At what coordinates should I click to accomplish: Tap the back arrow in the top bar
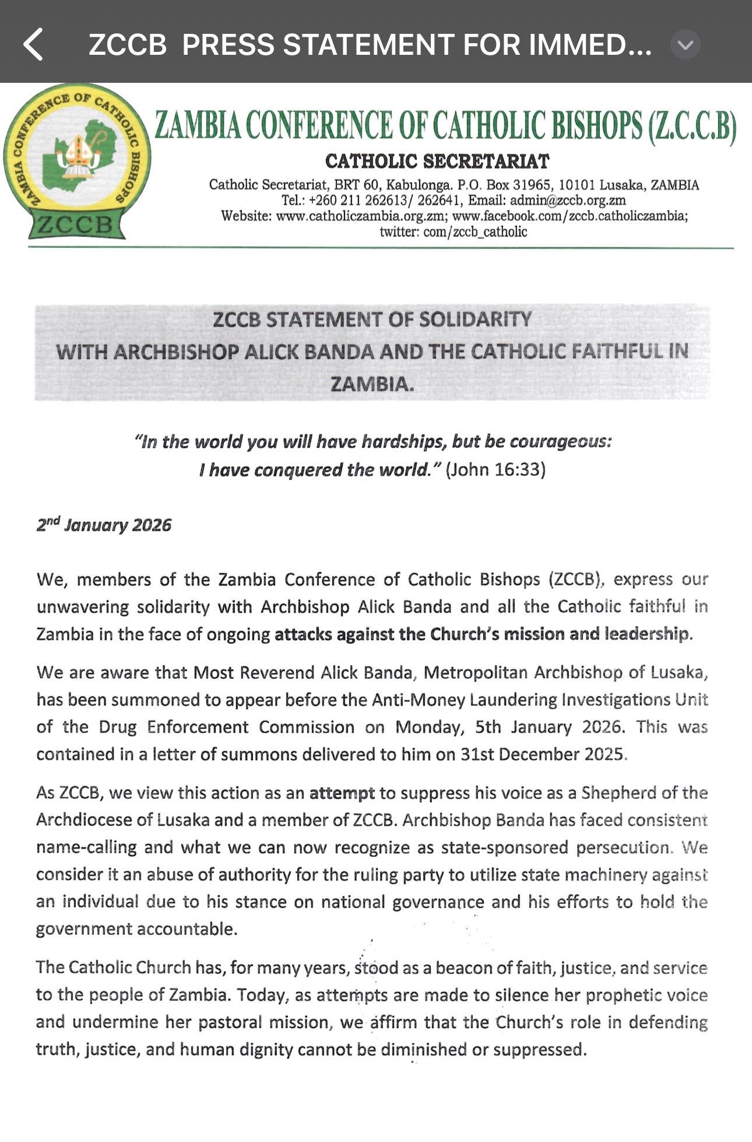[34, 45]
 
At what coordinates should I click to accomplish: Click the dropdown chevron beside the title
[685, 45]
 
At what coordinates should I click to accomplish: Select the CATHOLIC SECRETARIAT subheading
[437, 162]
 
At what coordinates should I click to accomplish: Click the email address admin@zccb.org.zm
[568, 201]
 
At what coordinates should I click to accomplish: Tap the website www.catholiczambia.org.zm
[361, 216]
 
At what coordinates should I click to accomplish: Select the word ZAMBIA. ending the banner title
[373, 384]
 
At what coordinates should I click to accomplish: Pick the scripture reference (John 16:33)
[496, 470]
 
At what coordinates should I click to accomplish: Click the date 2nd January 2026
[104, 525]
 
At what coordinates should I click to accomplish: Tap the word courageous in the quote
[560, 442]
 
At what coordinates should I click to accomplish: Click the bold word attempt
[342, 793]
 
